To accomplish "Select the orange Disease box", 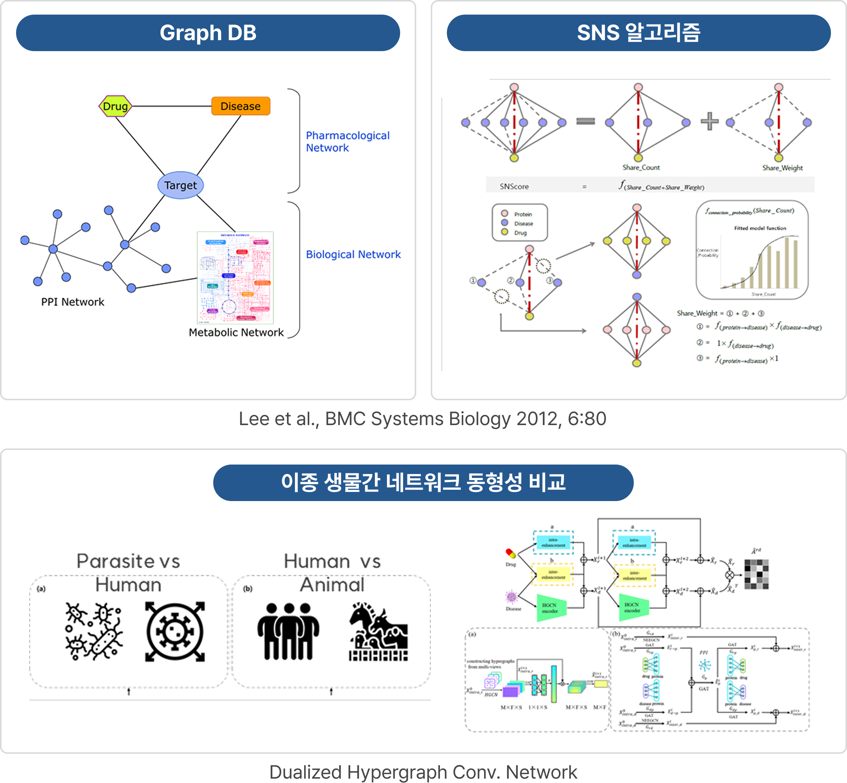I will (x=241, y=106).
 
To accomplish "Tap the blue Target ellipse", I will (x=180, y=185).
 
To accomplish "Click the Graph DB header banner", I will (x=208, y=33).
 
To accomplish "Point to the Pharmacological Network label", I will (x=347, y=141).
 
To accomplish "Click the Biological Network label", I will (x=353, y=254).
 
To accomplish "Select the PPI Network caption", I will (x=72, y=302).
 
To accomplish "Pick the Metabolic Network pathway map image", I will (x=235, y=278).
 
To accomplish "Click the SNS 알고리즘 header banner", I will (x=638, y=33).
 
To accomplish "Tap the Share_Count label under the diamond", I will (x=641, y=167).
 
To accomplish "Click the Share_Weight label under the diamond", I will (x=782, y=168).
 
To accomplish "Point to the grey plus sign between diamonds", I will (x=709, y=121).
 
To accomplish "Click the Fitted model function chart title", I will (x=760, y=228).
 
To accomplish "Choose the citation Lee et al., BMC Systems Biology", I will (x=422, y=419).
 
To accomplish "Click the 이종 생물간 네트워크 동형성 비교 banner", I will (x=423, y=482).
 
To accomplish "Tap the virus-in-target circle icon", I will (x=175, y=631).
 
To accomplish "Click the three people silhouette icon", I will (x=288, y=631).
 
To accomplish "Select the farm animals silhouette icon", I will (x=378, y=632).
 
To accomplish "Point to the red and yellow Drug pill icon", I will (x=511, y=553).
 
